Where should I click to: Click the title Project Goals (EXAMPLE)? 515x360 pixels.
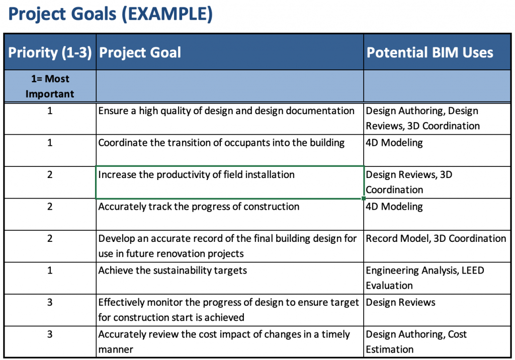[x=110, y=14]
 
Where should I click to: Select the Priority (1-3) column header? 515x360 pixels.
[x=50, y=53]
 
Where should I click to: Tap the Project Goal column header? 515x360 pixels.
[x=140, y=53]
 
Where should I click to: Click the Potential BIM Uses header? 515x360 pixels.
[x=430, y=53]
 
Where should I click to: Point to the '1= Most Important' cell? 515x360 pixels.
[x=50, y=86]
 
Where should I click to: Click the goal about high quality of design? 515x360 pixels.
[x=226, y=111]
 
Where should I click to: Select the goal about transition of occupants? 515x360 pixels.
[x=221, y=143]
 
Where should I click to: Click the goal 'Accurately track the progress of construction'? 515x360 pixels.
[x=199, y=207]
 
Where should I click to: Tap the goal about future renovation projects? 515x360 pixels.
[x=227, y=246]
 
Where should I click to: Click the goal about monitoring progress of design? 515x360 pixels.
[x=229, y=310]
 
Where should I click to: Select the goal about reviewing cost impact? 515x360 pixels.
[x=224, y=341]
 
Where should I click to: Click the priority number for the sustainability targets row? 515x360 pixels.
[x=50, y=271]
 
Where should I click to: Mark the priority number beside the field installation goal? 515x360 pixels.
[x=50, y=174]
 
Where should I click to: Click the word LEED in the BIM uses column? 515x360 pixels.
[x=473, y=271]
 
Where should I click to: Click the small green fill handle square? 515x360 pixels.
[x=363, y=199]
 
